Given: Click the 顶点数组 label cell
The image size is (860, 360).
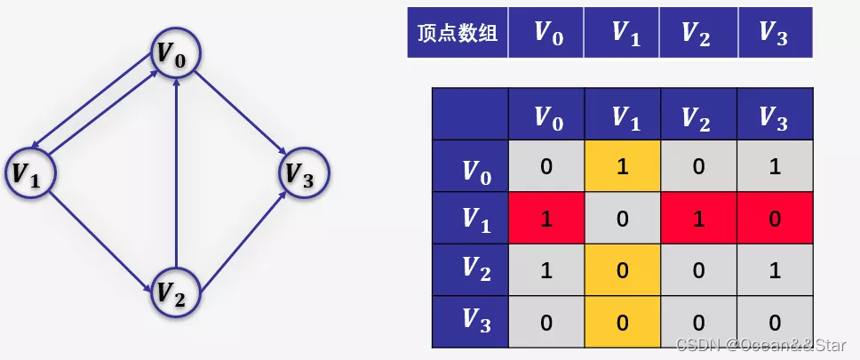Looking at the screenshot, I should (458, 33).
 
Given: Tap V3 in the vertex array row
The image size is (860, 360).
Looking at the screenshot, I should (775, 33).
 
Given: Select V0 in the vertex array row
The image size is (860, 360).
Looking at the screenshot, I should (546, 33).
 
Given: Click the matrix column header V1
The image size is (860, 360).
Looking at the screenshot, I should (622, 116).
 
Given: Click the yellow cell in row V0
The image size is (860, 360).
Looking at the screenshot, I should (622, 167).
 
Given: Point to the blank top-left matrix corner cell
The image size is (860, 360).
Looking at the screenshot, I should (471, 115).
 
